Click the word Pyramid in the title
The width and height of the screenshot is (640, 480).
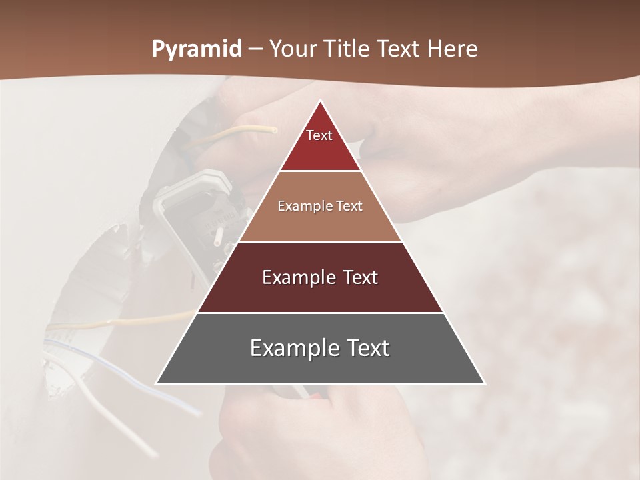196,49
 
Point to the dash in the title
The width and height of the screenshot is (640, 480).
255,49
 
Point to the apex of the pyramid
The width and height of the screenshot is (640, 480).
320,101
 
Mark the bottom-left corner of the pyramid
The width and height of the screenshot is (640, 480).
157,384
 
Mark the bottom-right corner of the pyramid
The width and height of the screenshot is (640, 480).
484,384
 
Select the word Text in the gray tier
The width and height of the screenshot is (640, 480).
367,348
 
